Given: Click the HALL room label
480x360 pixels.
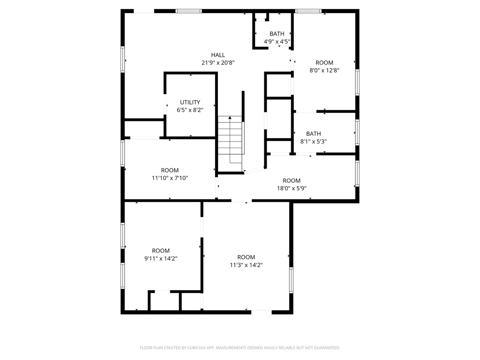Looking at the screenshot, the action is (x=218, y=55).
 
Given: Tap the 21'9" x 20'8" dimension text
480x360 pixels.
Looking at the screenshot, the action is (x=218, y=63).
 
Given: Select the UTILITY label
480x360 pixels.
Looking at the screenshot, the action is (x=190, y=102).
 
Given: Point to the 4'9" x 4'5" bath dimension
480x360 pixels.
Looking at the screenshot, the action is (x=277, y=41).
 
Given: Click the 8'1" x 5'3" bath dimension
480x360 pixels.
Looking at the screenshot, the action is (x=314, y=142).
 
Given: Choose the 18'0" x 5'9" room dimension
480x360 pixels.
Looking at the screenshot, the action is (x=292, y=188).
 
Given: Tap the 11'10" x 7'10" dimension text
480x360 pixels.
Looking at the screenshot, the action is (x=170, y=178).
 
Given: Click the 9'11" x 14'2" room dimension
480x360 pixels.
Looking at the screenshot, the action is (x=161, y=258).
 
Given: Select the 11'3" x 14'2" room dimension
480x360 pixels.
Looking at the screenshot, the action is (x=246, y=265).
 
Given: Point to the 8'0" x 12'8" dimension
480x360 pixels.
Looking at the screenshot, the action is (x=324, y=70).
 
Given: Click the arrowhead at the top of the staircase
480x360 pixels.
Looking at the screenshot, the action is (x=230, y=118).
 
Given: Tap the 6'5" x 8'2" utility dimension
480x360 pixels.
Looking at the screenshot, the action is (x=190, y=110).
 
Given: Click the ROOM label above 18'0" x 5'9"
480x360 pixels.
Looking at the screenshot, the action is (x=292, y=180).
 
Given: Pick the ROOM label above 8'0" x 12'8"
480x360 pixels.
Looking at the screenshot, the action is (x=324, y=63).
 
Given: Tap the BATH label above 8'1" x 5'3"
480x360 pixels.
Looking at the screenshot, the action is (x=314, y=134).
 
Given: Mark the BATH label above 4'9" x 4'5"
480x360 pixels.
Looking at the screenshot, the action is (x=277, y=34).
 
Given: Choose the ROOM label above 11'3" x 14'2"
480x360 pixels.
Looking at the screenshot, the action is (x=246, y=257).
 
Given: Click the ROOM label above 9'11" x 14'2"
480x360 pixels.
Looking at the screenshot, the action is (x=161, y=251).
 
